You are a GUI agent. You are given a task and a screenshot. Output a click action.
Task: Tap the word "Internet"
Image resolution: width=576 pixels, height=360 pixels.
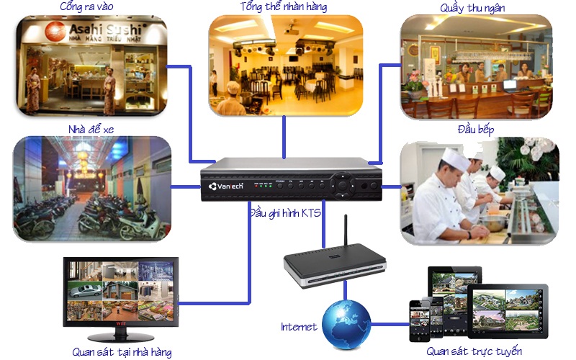tap(299, 327)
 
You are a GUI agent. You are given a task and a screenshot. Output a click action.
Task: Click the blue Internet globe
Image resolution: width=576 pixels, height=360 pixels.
tap(346, 323)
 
